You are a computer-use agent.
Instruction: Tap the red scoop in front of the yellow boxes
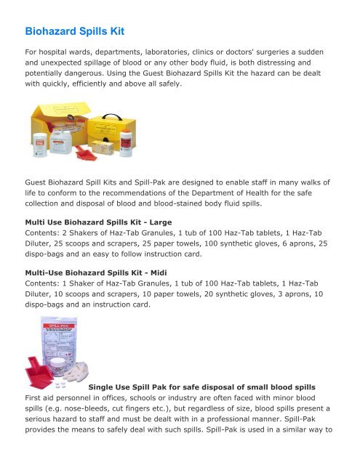tap(95, 154)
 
